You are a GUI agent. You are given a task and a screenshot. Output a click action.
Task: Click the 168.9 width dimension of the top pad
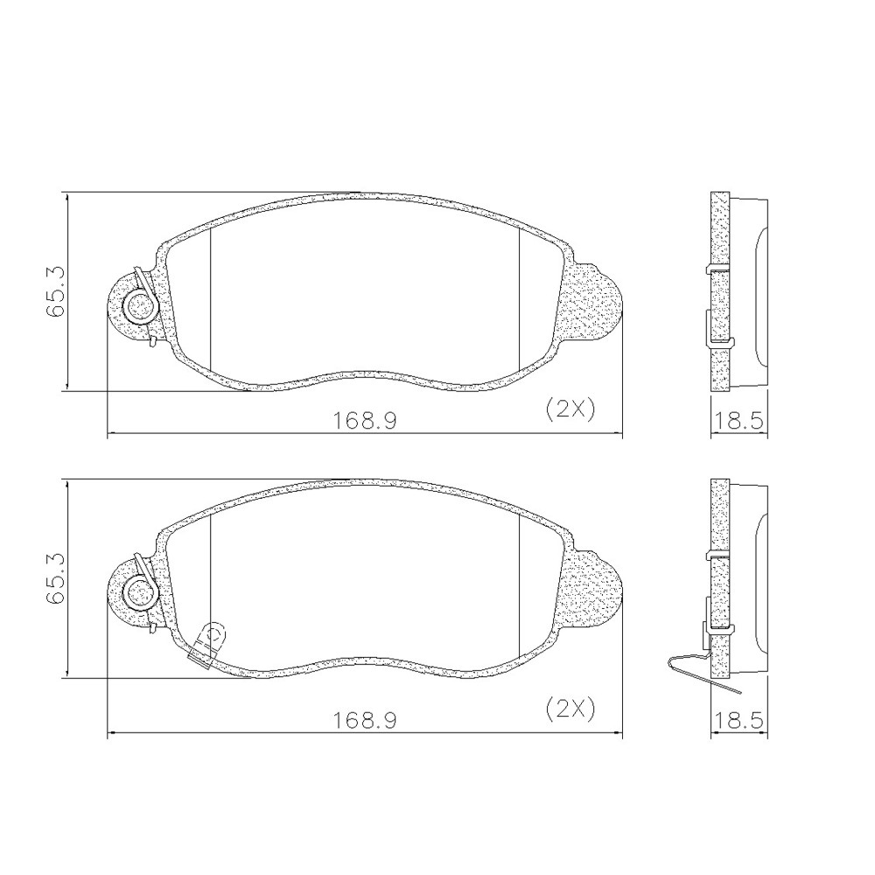(x=364, y=420)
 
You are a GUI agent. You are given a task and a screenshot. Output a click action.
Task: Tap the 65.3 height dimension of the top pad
(x=56, y=292)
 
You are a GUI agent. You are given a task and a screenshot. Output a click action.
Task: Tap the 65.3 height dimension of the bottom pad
(x=56, y=579)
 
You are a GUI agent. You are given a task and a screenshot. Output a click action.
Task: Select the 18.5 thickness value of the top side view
(x=738, y=420)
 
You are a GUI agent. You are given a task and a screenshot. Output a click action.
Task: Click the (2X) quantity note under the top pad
(x=570, y=410)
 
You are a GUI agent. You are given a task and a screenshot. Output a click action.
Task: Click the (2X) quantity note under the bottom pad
(x=570, y=710)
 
